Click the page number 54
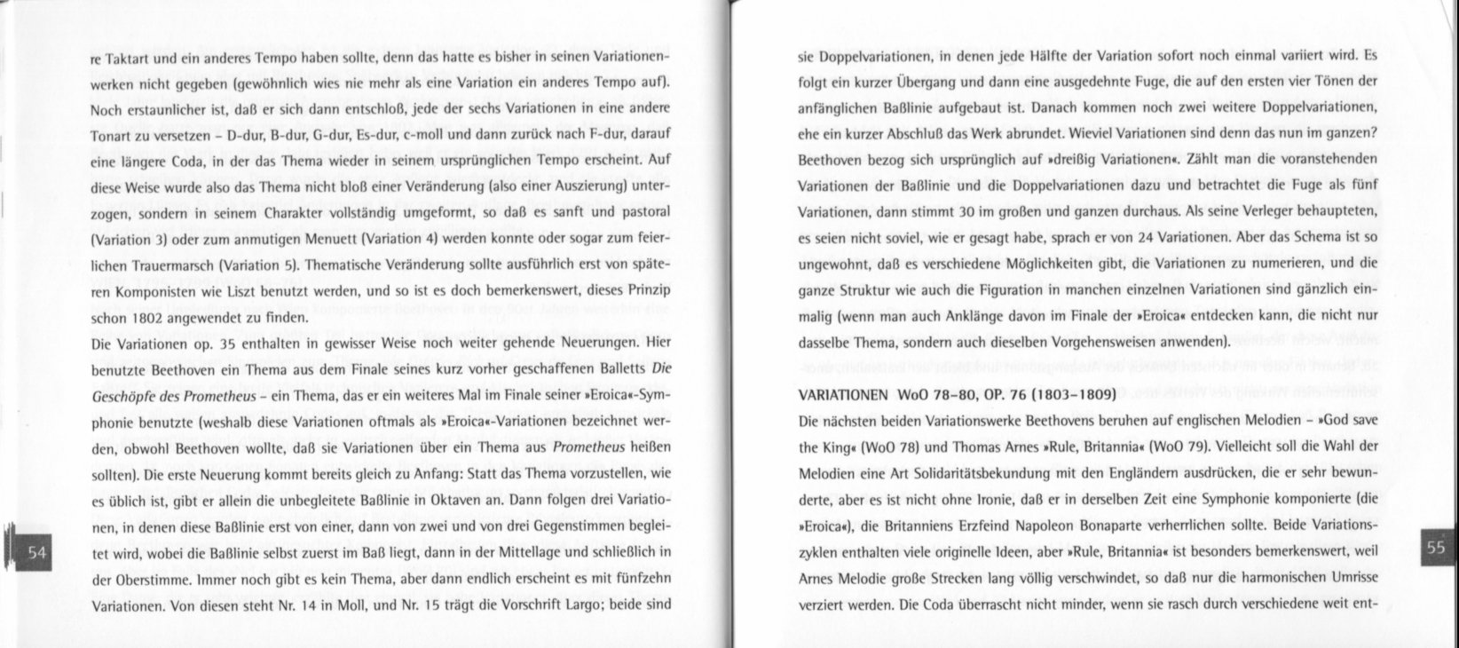tap(36, 553)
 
